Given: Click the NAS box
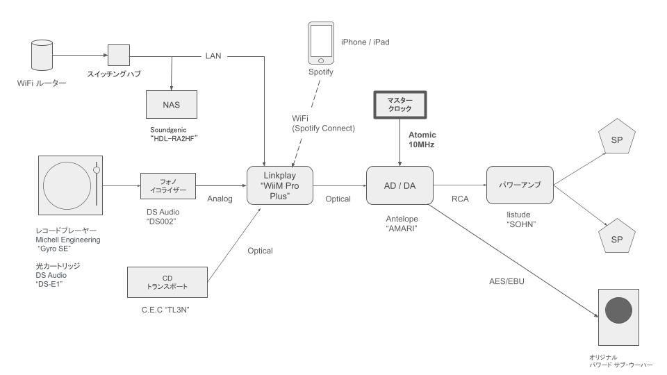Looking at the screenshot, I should [x=171, y=105].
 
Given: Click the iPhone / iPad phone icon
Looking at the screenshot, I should [x=320, y=42].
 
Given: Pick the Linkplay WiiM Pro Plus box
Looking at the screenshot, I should [x=279, y=186].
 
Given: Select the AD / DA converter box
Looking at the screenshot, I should [x=400, y=185].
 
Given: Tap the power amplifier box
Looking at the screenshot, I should [x=519, y=185].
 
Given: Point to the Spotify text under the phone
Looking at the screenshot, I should [x=320, y=72].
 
